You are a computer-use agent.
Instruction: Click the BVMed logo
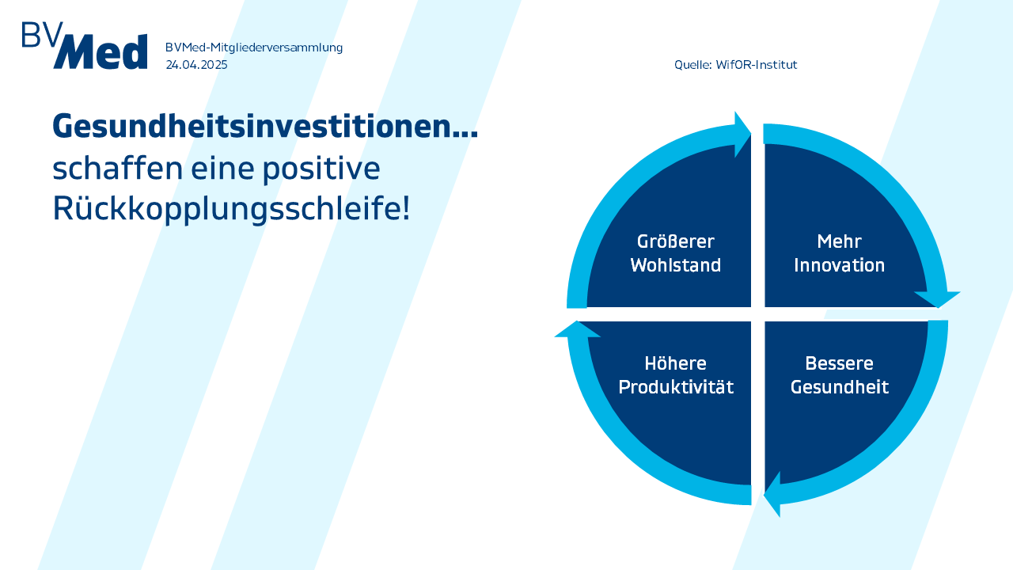85,45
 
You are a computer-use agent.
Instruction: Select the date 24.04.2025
196,65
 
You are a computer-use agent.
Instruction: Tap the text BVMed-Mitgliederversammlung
254,47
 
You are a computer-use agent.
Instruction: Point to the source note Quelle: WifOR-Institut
735,65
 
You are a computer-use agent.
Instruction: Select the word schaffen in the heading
118,168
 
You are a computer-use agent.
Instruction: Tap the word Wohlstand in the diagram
676,265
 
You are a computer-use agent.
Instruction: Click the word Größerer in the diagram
676,241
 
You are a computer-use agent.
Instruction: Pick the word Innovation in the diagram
840,265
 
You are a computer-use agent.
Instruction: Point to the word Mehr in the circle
840,241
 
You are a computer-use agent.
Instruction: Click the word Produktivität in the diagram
676,387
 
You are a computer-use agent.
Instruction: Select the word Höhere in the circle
676,363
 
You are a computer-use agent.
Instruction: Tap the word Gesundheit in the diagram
840,387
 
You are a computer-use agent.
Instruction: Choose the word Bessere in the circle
840,363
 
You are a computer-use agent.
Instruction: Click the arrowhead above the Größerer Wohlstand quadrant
742,135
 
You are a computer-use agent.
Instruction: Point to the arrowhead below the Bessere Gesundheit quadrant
773,494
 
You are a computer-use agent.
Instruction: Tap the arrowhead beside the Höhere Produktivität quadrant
578,329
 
